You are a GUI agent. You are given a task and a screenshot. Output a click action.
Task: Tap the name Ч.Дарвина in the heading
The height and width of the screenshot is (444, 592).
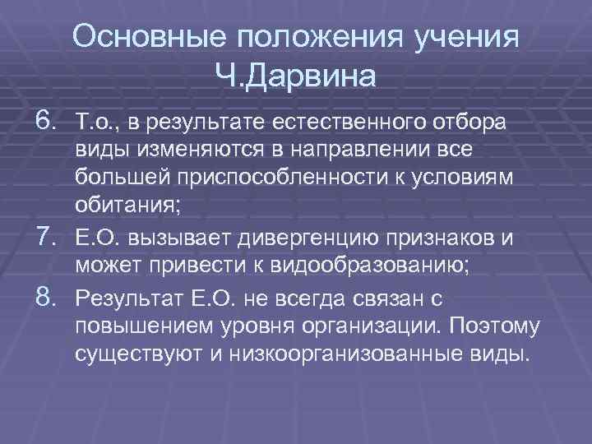[x=295, y=77]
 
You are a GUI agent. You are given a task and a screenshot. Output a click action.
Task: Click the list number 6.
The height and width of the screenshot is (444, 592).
[x=47, y=122]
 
